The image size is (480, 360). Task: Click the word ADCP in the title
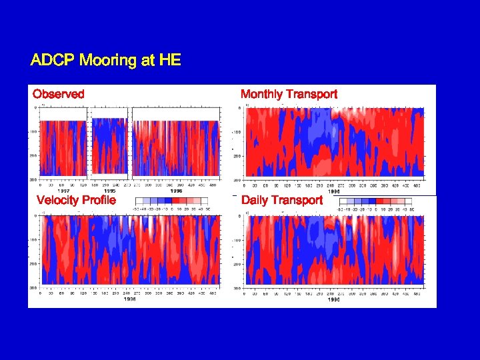(53, 61)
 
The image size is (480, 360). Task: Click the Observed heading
(59, 94)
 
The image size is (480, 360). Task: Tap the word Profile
(99, 200)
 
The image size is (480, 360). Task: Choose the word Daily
(256, 200)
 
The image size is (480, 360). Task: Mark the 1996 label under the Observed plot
(176, 190)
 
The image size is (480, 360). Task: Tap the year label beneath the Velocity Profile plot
(130, 299)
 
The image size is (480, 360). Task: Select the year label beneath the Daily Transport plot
(333, 299)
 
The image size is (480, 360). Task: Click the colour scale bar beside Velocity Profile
(171, 201)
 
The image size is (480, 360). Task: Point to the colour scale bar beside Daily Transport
(375, 201)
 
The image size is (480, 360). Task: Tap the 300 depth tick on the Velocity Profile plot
(33, 288)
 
